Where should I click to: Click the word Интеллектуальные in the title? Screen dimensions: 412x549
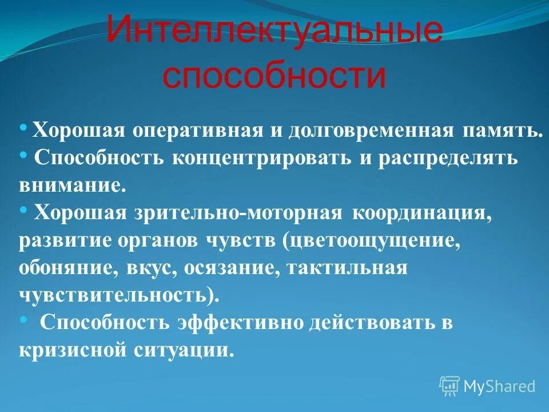tap(274, 34)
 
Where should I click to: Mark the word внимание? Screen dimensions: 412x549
tap(71, 185)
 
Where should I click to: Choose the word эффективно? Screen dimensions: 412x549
tap(242, 322)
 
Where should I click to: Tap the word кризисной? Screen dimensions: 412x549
tap(75, 350)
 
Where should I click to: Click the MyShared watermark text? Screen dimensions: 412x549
tap(499, 386)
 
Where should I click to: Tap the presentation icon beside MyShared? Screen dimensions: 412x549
tap(449, 386)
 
